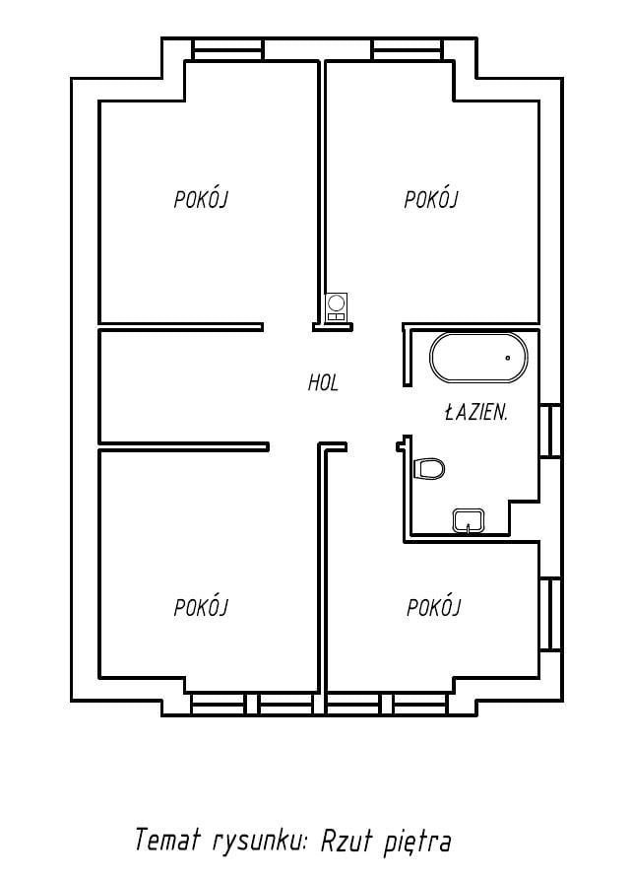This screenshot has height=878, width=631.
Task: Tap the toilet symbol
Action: tap(429, 468)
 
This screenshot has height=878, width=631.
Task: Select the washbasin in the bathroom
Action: tap(469, 520)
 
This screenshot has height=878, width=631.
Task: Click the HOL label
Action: tap(323, 383)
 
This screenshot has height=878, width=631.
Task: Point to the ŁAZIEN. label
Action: tap(476, 413)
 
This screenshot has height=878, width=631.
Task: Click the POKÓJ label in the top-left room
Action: tap(202, 199)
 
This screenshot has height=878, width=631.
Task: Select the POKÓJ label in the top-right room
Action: tap(431, 199)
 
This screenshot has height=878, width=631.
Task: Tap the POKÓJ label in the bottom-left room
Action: tap(202, 607)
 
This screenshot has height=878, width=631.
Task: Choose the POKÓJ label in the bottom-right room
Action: tap(433, 607)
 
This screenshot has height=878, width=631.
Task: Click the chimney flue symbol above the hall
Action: tap(337, 307)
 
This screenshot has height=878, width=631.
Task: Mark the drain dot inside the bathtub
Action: tap(508, 358)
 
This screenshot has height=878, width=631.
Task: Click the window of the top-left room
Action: tap(227, 49)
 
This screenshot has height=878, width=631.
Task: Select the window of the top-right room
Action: tap(409, 49)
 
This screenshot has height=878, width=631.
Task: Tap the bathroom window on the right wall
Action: tap(550, 431)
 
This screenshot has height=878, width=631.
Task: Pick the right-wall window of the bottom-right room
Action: tap(550, 614)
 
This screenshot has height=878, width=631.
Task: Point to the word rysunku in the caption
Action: tap(260, 843)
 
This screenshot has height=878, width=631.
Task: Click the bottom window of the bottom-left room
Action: tap(252, 705)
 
